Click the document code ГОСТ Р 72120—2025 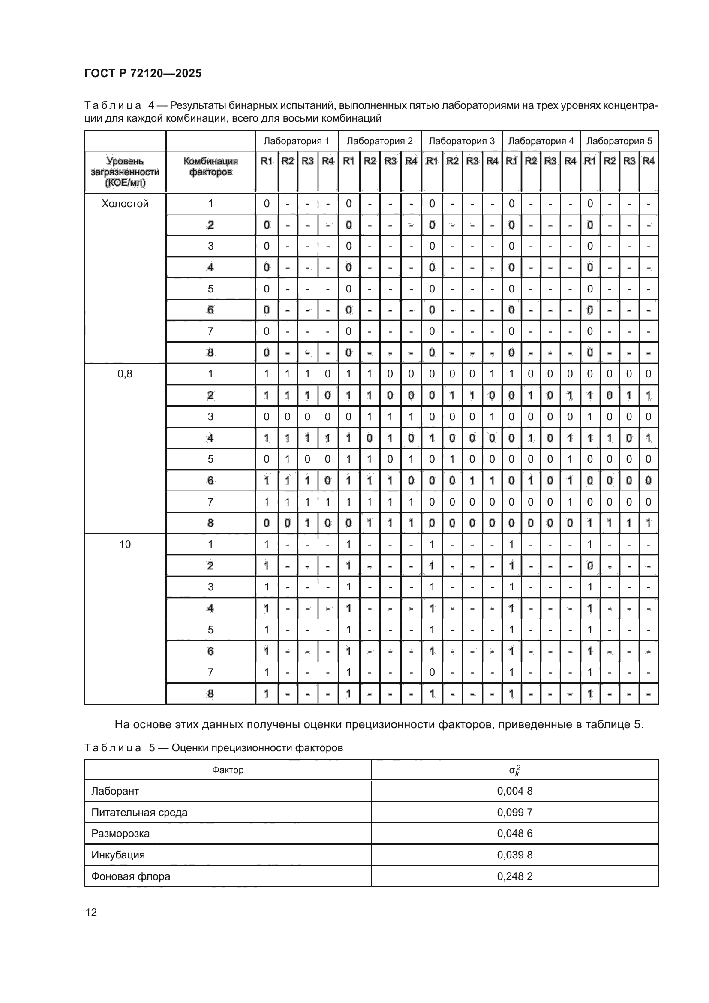(x=143, y=73)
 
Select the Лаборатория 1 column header (x=297, y=141)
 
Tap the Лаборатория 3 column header (x=462, y=141)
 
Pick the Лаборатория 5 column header (x=619, y=141)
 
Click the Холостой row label (x=125, y=204)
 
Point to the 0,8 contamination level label (x=125, y=374)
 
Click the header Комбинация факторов (x=210, y=166)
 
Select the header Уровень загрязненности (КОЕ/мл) (x=125, y=172)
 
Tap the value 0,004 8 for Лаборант (x=515, y=791)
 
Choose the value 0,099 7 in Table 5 (x=515, y=813)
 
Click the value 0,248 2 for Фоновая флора (x=515, y=876)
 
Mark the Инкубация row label (x=118, y=855)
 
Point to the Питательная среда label (x=139, y=813)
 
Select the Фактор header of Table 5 (x=228, y=770)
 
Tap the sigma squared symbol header (x=515, y=770)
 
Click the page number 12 (x=91, y=912)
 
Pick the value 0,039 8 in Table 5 (x=515, y=855)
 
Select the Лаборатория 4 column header (x=541, y=141)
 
